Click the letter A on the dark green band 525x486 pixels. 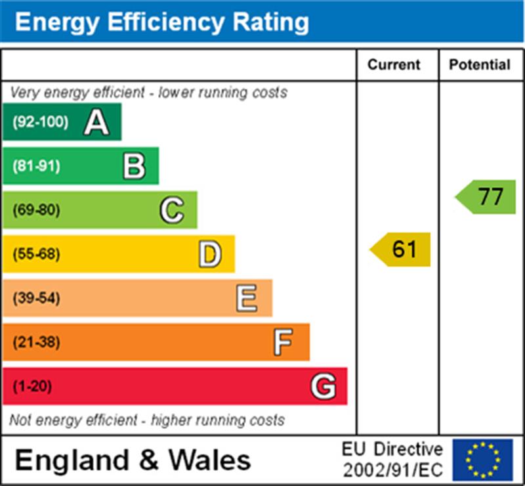96,122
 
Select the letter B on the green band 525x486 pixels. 134,166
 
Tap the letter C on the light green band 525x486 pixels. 172,210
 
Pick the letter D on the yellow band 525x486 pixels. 210,254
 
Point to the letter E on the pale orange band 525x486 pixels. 247,298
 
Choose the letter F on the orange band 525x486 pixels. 283,342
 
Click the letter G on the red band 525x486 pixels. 323,386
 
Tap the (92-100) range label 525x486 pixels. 40,122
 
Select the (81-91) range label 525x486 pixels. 36,166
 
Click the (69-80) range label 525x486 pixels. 36,210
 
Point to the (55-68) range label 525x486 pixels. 36,254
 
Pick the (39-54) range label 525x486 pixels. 36,298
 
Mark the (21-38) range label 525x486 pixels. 36,342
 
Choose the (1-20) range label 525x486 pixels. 32,386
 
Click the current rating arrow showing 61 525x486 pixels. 401,250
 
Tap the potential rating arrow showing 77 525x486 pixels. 486,197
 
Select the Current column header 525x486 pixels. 394,64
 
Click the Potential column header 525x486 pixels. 480,64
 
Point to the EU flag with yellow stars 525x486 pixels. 482,460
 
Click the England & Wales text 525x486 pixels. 133,460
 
